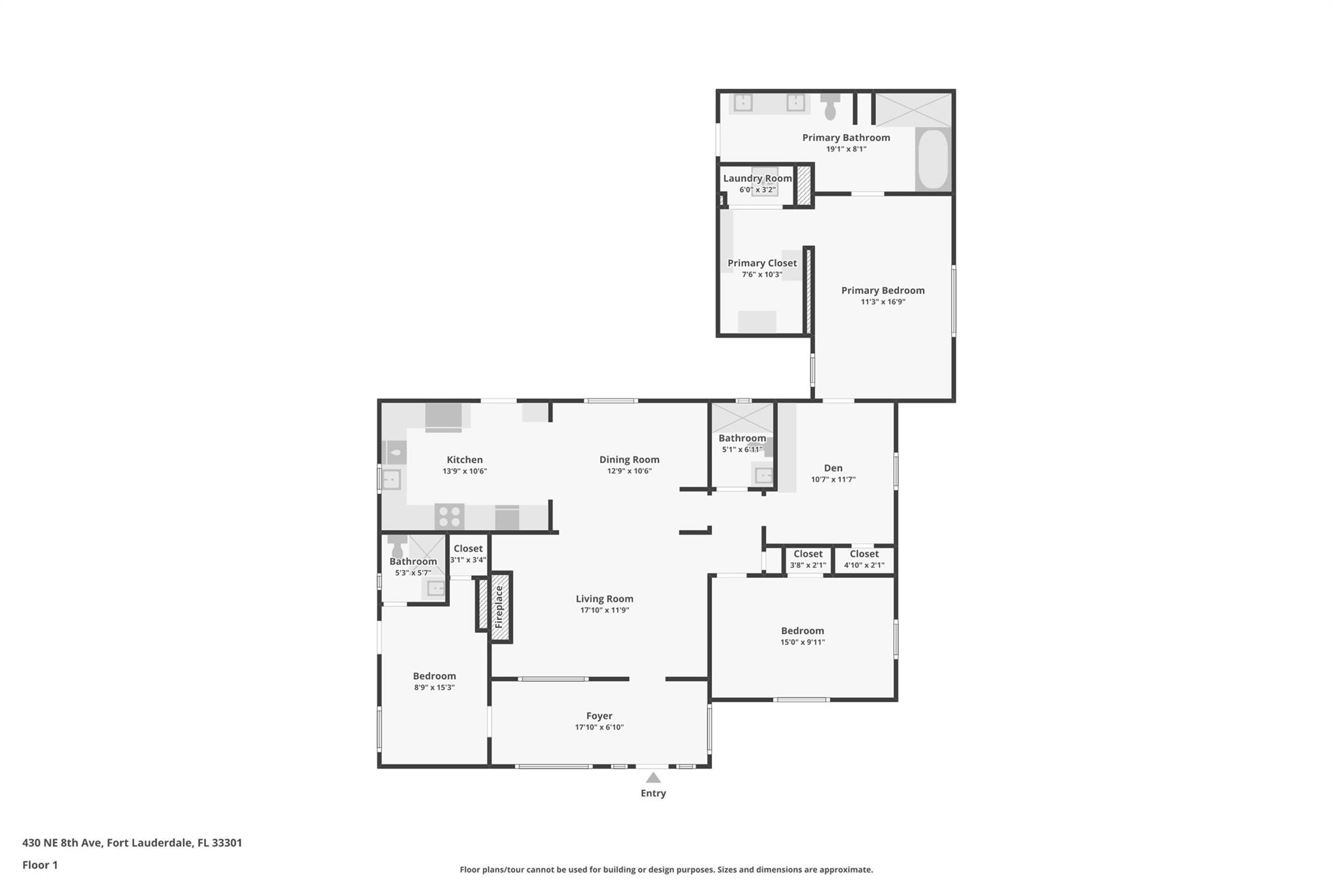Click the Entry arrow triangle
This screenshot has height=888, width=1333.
coord(653,777)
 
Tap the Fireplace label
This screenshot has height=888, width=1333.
coord(499,606)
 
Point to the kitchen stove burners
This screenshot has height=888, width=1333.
coord(449,517)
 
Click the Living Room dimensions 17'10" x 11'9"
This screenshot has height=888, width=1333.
coord(604,610)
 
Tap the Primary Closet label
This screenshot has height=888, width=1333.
coord(762,263)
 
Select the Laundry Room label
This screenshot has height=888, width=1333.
coord(757,178)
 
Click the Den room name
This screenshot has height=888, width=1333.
coord(833,468)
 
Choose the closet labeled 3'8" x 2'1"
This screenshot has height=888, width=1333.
coord(808,559)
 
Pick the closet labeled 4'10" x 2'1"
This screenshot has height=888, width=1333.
coord(864,559)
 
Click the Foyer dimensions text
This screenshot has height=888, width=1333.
coord(599,727)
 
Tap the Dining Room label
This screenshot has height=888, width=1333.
coord(629,459)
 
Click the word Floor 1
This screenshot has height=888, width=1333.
coord(40,865)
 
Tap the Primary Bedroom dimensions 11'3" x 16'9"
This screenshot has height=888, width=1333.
coord(883,302)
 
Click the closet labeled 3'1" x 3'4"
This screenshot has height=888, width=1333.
coord(468,554)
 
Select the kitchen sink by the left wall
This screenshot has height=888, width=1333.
coord(391,480)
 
